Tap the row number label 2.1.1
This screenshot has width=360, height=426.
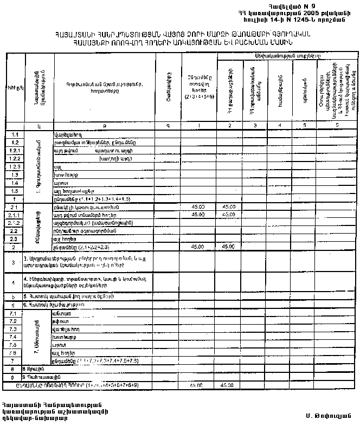(x=15, y=215)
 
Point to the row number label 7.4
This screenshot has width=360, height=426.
(x=14, y=337)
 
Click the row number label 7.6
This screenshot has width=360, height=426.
(x=14, y=353)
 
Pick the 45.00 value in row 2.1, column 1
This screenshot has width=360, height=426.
(x=198, y=207)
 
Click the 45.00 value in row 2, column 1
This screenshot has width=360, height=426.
(x=198, y=247)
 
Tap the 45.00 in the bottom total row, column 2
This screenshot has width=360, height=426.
(x=228, y=385)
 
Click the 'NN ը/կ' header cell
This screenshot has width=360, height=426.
(x=13, y=87)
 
